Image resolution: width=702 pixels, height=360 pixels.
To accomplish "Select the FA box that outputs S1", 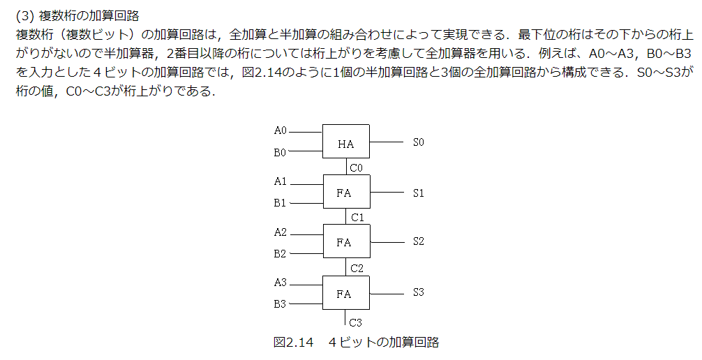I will coord(346,192).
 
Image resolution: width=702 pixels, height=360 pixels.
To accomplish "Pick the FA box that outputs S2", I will coord(346,241).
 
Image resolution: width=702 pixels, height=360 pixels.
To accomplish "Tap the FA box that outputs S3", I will coord(346,293).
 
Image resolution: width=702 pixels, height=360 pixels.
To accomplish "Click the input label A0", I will coord(281,130).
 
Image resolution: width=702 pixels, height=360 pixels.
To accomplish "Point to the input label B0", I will coord(281,152).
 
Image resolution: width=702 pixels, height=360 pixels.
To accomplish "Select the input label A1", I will coord(281,181).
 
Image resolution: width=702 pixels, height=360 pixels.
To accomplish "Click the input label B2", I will coord(281,253).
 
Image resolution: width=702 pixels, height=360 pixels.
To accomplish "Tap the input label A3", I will coord(281,283).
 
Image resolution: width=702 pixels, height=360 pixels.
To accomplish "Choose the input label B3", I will coord(281,304).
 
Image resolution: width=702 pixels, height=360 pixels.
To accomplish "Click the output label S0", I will coord(418,142).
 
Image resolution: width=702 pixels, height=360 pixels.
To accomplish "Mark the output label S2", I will coord(418,241).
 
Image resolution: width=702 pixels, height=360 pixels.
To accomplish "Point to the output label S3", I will coord(418,292).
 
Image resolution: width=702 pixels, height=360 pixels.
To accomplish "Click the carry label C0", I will coord(357,168).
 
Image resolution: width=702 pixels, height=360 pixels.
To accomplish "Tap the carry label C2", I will coord(357,268).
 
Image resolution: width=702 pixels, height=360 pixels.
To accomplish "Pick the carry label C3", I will coord(356,322).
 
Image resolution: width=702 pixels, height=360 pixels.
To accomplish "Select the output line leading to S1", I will coord(387,193).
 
